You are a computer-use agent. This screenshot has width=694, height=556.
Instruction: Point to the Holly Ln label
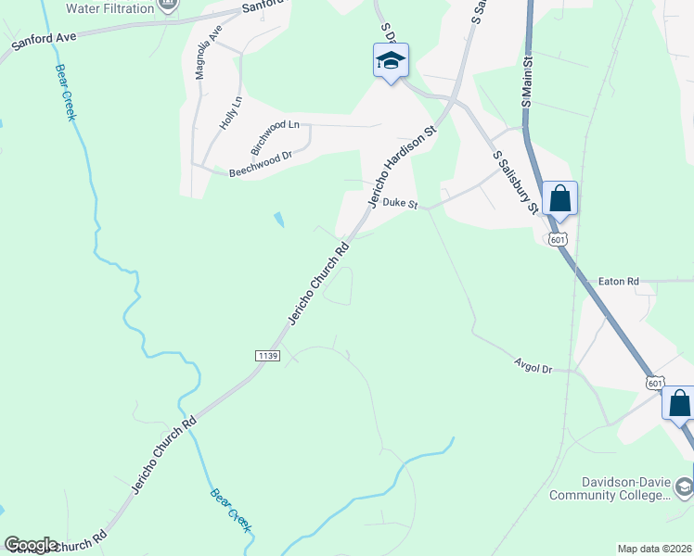[x=228, y=113]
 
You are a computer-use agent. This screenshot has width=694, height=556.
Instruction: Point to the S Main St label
[x=526, y=82]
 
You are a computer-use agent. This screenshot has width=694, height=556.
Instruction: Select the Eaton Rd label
[x=619, y=281]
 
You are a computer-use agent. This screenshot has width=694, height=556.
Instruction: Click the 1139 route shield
[x=266, y=356]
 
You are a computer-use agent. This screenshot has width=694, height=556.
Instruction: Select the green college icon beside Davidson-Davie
[x=683, y=487]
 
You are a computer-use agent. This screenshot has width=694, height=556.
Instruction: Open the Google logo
[x=31, y=545]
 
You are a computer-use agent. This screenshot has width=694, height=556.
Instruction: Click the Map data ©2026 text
[x=655, y=549]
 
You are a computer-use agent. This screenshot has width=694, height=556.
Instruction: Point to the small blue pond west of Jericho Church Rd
[x=279, y=221]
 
